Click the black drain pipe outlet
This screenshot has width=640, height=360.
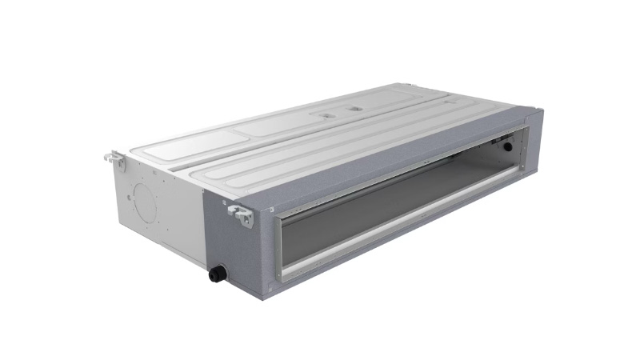215,274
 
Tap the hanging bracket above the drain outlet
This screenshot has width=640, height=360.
240,213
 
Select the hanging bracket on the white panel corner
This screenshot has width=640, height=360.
114,158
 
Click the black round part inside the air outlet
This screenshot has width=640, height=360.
506,146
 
